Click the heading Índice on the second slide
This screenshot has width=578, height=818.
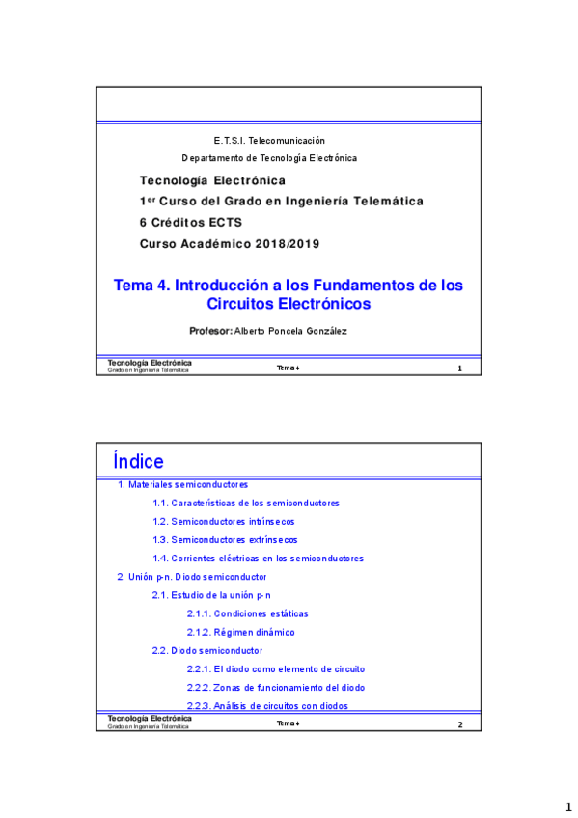pos(138,461)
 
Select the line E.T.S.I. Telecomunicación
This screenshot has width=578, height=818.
pos(269,141)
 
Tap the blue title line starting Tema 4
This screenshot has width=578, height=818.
pos(289,286)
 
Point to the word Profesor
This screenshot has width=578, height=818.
pos(210,331)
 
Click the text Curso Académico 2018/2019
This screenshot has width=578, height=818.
pos(230,243)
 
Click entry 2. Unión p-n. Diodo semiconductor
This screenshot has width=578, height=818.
pos(191,576)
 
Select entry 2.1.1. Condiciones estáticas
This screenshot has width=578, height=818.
pos(248,613)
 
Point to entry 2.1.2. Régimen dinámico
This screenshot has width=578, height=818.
pos(241,632)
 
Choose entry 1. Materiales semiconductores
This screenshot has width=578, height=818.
pos(182,484)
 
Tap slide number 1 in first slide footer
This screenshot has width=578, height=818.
pos(459,368)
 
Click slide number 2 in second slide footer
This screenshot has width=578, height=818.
pos(460,724)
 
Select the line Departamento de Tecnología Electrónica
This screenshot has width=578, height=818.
pos(269,157)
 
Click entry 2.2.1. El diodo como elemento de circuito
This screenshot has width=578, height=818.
pos(276,668)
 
